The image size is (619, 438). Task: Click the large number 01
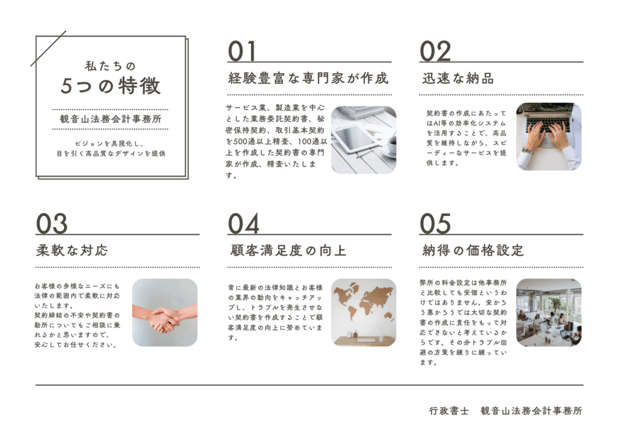(242, 51)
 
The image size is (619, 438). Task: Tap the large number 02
(435, 51)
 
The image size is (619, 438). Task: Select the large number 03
(52, 224)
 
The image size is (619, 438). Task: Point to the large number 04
(244, 224)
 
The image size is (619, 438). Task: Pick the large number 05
(435, 224)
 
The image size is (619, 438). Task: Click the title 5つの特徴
(111, 86)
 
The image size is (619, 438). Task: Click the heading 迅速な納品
(458, 78)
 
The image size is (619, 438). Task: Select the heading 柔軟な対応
(72, 250)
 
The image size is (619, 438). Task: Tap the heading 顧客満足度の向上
(288, 250)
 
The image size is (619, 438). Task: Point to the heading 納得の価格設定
(473, 250)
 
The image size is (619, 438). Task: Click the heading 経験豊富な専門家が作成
(308, 78)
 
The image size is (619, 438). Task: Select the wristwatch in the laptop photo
(527, 151)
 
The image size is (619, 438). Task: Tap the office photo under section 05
(549, 312)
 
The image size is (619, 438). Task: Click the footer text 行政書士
(449, 411)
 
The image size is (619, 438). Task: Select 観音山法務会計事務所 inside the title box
(111, 119)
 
